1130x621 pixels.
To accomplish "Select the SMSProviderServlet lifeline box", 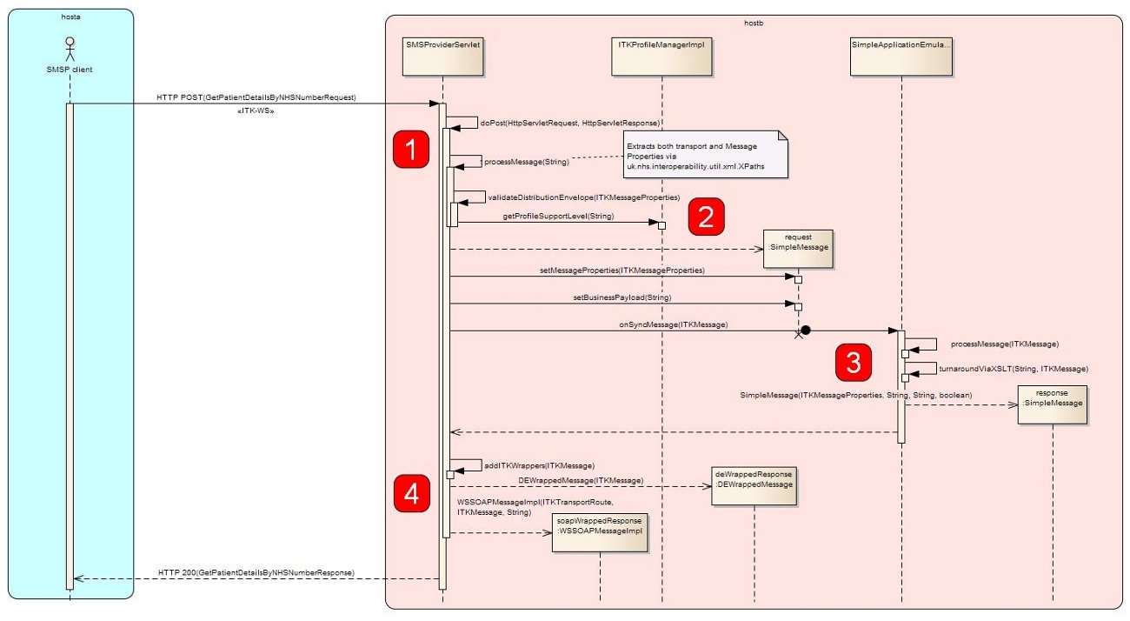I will [x=442, y=57].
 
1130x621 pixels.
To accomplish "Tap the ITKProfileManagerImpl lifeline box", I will [x=661, y=57].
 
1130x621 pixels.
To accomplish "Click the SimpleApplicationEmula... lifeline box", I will [x=901, y=57].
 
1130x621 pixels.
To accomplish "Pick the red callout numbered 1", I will [x=411, y=149].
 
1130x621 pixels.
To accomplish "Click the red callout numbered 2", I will [x=706, y=217].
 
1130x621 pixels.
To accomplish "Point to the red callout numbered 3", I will [x=854, y=362].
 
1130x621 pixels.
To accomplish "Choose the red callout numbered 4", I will [x=411, y=493].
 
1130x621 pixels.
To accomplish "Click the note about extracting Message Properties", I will [x=705, y=155].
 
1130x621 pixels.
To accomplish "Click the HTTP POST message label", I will [x=256, y=97].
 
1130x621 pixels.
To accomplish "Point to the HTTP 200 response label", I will [x=256, y=572].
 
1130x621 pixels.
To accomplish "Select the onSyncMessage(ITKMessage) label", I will [x=673, y=324].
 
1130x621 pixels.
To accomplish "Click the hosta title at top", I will [x=70, y=16].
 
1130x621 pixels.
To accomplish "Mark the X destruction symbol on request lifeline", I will [x=798, y=334].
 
